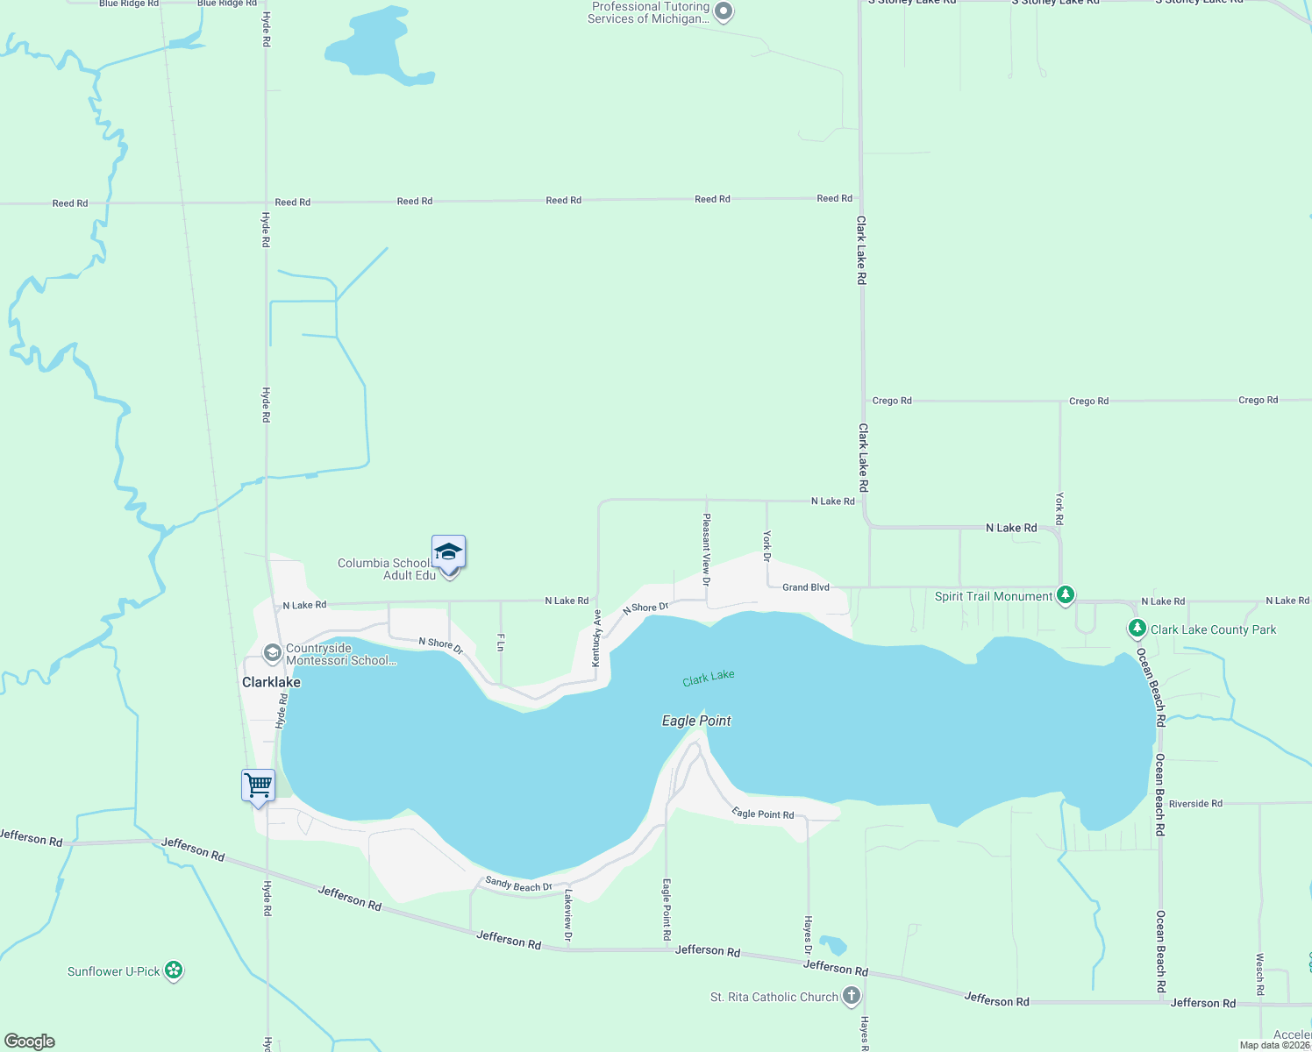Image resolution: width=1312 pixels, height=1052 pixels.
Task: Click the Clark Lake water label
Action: click(709, 678)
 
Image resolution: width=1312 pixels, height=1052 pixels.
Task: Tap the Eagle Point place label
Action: click(696, 721)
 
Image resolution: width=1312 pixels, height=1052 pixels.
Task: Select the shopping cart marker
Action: click(259, 785)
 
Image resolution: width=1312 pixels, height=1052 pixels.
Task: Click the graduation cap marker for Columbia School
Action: click(448, 553)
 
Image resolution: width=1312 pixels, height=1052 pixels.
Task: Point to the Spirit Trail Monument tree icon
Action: click(1066, 595)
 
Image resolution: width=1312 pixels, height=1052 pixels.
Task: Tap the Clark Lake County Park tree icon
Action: click(1137, 629)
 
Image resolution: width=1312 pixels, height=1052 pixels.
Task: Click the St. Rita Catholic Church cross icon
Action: click(851, 996)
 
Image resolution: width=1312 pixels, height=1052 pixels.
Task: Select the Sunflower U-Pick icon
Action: click(174, 970)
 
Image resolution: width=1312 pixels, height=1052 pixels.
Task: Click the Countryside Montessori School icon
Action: click(273, 653)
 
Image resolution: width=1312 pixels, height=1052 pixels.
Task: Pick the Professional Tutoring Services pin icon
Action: click(724, 12)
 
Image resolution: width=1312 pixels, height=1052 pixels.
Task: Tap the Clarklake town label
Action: click(271, 682)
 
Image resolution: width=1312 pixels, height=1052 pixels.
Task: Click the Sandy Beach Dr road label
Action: click(519, 885)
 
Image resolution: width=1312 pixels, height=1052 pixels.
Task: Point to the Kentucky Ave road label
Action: click(596, 638)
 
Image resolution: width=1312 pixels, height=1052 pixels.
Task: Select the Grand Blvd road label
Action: click(805, 587)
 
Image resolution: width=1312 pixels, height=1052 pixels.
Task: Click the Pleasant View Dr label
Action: click(706, 550)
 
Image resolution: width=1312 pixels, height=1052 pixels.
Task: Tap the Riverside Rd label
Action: click(1195, 803)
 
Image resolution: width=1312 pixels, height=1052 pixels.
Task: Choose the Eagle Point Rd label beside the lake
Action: click(763, 814)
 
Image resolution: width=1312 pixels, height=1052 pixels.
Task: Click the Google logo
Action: click(30, 1041)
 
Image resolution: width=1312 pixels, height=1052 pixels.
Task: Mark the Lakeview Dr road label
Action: click(568, 916)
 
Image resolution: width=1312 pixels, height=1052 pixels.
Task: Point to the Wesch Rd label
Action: click(1260, 974)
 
